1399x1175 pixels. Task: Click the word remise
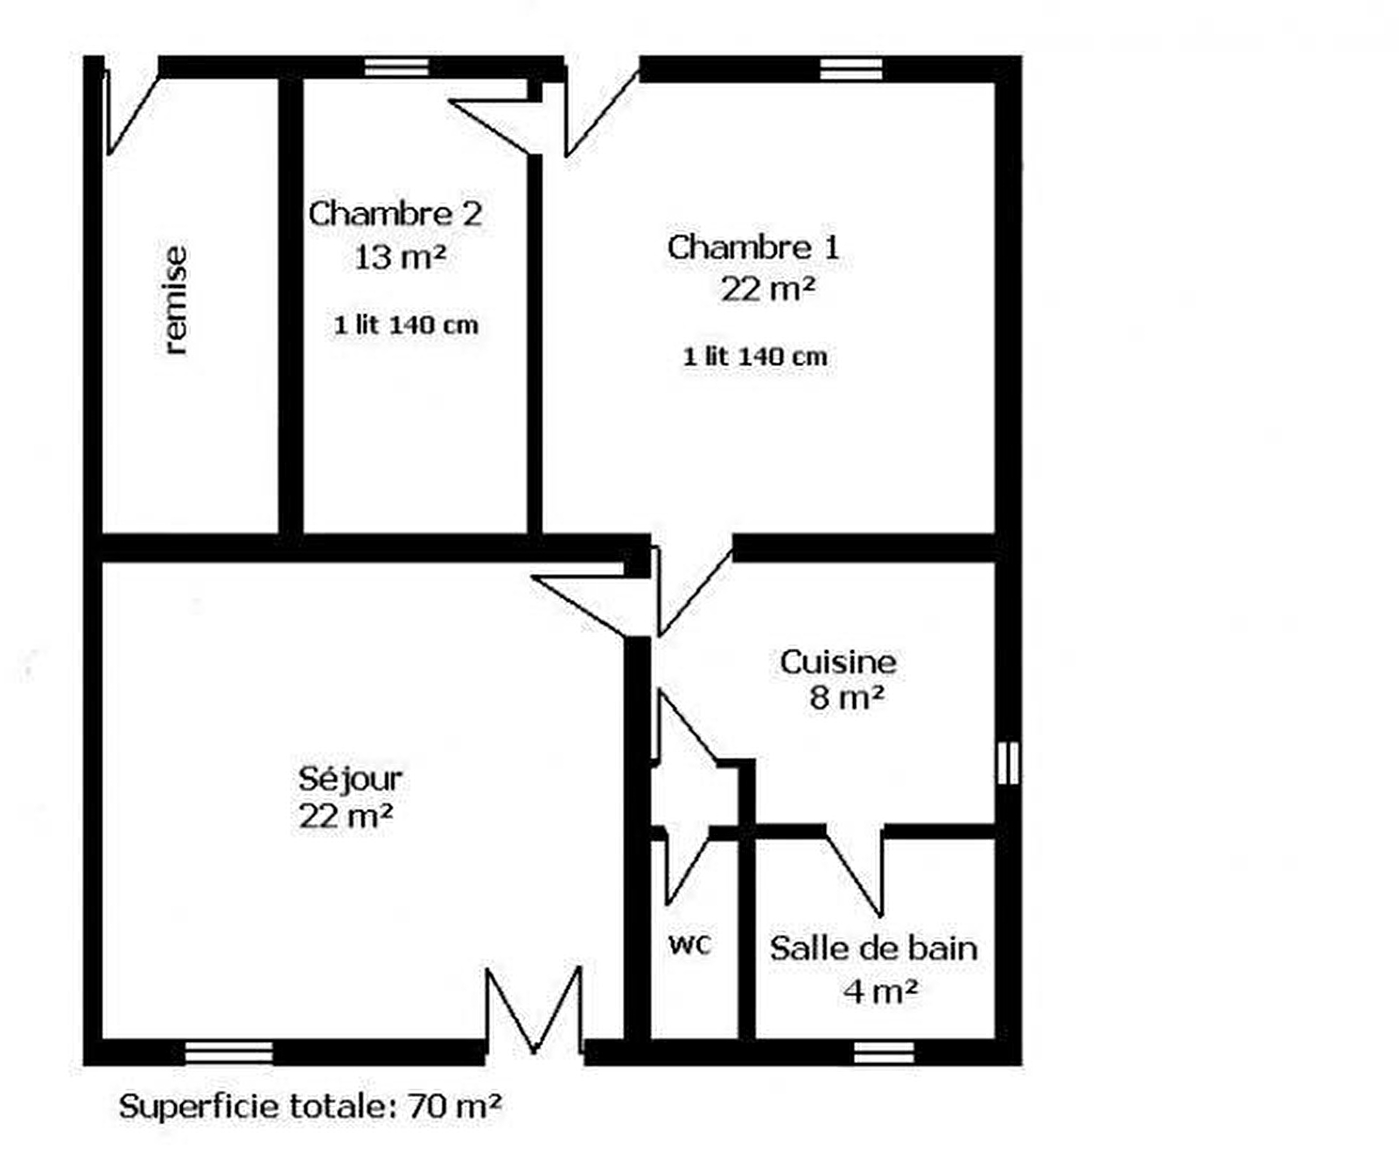pos(176,300)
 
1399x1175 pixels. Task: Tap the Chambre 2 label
pos(395,214)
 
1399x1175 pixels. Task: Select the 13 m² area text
pos(401,257)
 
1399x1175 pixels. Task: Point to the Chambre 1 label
pos(753,248)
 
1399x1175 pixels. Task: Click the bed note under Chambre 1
pos(755,357)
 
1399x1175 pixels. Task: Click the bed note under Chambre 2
pos(406,325)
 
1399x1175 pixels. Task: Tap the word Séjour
pos(350,779)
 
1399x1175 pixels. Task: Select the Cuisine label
pos(838,662)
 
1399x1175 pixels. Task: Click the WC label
pos(690,945)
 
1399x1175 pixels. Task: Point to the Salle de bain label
pos(873,948)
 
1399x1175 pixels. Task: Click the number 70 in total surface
pos(426,1108)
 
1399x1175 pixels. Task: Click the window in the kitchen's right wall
pos(1008,763)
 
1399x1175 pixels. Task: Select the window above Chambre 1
pos(850,69)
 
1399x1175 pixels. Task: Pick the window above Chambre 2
pos(396,67)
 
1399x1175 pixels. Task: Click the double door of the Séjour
pos(534,1011)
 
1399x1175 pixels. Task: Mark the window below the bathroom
pos(884,1053)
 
